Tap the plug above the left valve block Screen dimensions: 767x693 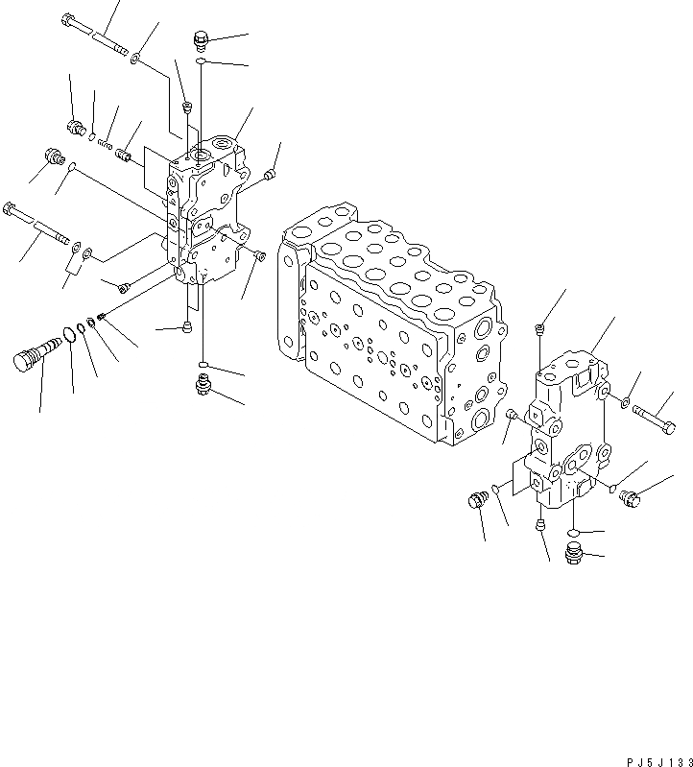click(201, 39)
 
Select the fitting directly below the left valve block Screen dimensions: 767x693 click(202, 386)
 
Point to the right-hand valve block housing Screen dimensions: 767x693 click(566, 432)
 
